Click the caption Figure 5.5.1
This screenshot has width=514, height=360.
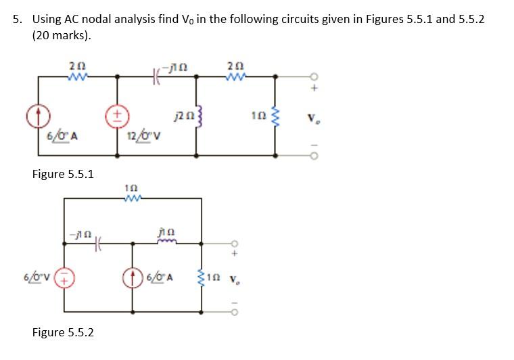63,174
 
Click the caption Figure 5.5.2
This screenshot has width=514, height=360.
63,332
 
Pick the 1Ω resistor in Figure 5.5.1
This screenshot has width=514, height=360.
275,119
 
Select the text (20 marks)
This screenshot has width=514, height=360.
62,35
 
